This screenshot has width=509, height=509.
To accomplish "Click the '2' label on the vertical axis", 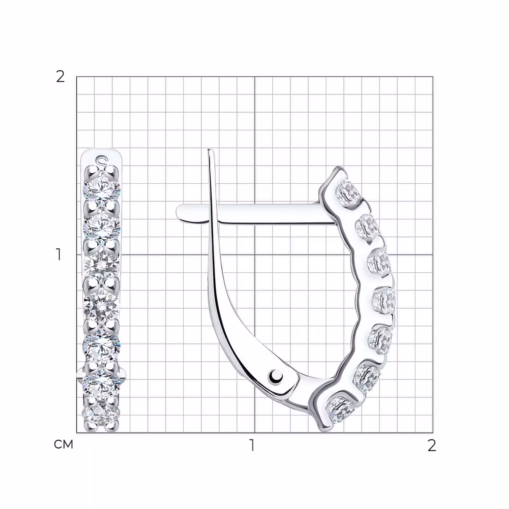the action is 60,77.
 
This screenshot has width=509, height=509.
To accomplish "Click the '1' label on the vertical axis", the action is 59,254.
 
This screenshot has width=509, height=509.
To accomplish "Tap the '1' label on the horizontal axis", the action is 252,445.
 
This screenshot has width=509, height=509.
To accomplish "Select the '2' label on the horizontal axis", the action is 431,445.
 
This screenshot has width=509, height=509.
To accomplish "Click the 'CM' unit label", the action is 64,444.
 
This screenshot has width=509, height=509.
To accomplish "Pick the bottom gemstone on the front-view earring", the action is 101,414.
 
